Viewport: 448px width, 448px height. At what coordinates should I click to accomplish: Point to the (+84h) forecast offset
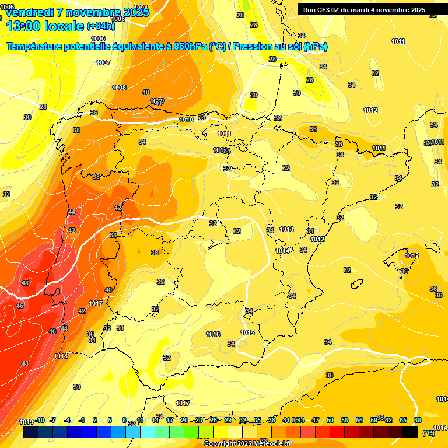coord(101,26)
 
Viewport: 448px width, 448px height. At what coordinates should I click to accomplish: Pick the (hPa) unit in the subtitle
coord(315,46)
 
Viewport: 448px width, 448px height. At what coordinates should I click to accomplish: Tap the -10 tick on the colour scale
coord(40,420)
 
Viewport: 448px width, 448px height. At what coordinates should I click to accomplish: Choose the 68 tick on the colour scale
coord(418,420)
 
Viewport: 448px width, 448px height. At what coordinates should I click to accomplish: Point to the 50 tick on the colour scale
coord(330,420)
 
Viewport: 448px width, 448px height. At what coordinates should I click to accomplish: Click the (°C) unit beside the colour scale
coord(429,433)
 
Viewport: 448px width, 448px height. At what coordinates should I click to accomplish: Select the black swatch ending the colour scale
coord(410,432)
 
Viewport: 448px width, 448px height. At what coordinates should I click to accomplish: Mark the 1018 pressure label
coord(61,356)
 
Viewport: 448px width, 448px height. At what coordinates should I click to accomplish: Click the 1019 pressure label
coord(26,422)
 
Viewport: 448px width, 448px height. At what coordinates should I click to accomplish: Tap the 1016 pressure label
coord(213,334)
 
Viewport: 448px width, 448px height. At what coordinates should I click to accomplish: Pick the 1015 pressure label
coord(247,332)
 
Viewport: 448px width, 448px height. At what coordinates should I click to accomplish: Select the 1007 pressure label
coord(103,62)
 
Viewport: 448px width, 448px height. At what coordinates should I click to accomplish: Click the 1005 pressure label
coord(118,19)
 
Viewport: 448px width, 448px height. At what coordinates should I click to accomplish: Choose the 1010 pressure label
coord(186,120)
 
